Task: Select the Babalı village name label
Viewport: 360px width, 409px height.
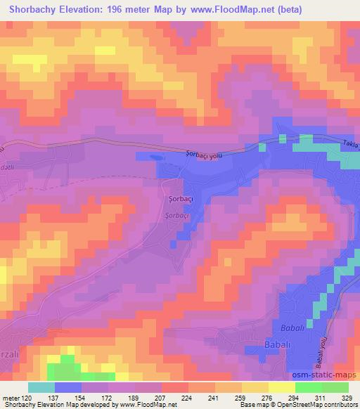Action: (x=276, y=345)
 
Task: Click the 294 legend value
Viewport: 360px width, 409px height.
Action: (x=293, y=398)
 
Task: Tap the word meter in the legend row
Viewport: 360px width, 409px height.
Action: (x=10, y=398)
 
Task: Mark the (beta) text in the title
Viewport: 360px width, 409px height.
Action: (x=330, y=10)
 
